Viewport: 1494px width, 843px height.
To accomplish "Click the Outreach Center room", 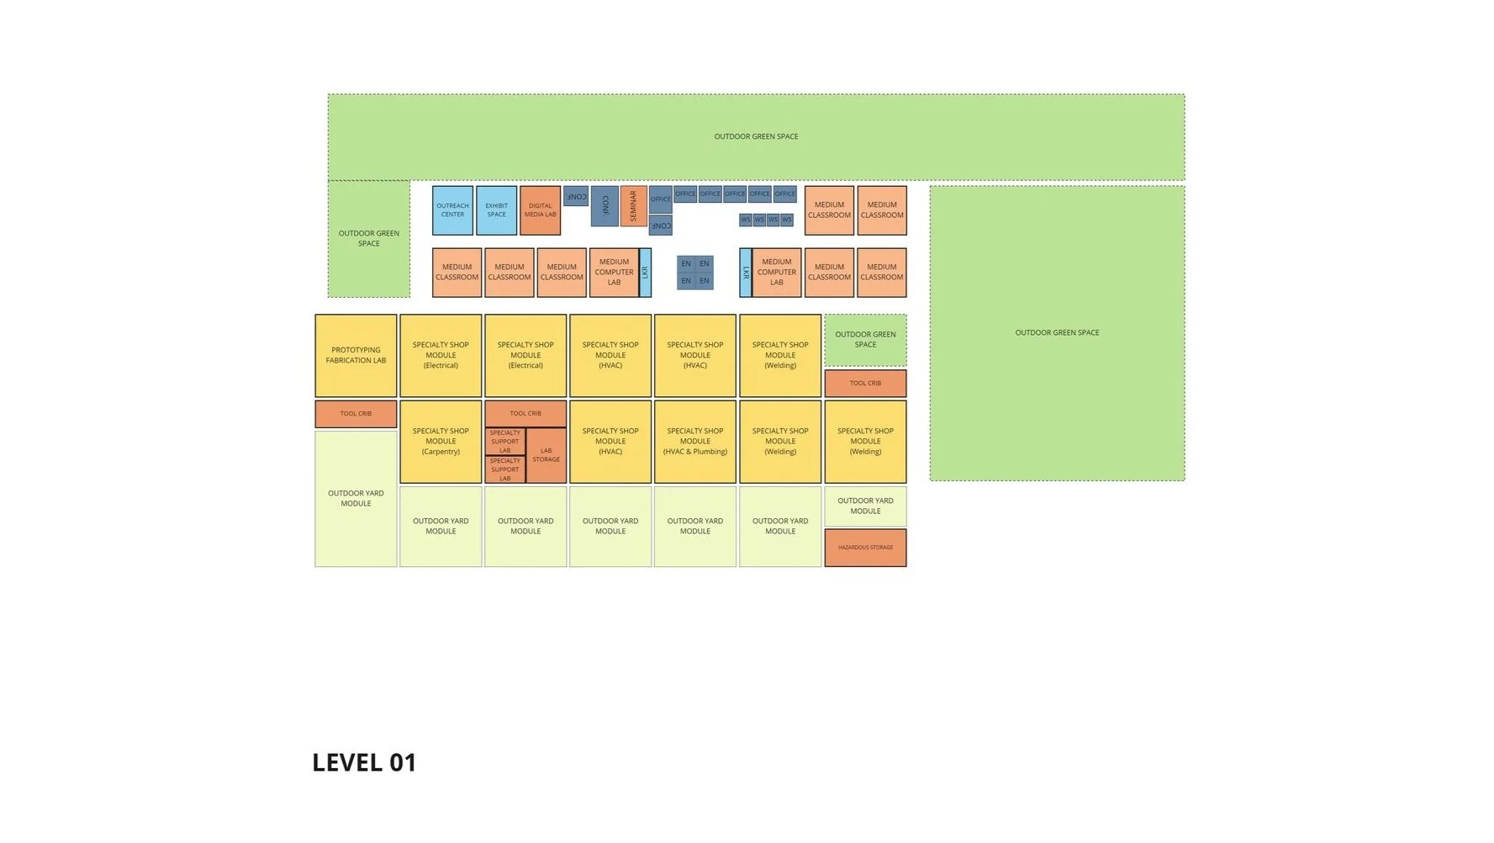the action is tap(452, 210).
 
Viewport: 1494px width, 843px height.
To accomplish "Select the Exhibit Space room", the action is tap(496, 210).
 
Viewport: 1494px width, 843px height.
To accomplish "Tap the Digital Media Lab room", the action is tap(540, 210).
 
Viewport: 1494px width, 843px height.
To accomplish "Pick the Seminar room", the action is tap(633, 206).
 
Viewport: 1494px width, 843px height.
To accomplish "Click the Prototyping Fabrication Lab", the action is tap(356, 355).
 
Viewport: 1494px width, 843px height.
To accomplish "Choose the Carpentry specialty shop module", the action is tap(441, 442).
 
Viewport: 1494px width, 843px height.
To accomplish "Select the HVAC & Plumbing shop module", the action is tap(694, 442).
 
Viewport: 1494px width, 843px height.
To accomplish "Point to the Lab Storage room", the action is tap(546, 455).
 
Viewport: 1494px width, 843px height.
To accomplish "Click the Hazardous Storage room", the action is tap(865, 548).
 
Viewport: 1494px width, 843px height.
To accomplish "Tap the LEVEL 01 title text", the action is tap(364, 762).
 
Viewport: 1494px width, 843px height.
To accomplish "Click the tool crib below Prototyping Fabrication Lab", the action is tap(356, 414).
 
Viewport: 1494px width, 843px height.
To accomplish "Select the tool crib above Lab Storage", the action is tap(525, 413).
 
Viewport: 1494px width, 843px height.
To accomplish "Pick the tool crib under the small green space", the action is tap(865, 384).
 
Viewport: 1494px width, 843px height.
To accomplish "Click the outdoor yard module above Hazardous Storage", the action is tap(865, 506).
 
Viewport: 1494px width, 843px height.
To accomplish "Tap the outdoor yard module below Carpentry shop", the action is tap(441, 526).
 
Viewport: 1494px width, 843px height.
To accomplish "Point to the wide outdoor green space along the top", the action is tap(756, 136).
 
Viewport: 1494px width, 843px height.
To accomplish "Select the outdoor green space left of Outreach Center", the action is tap(368, 238).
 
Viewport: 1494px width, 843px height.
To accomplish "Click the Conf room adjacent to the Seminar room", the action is tap(604, 206).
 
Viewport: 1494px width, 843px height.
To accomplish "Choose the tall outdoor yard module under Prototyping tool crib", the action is tap(356, 498).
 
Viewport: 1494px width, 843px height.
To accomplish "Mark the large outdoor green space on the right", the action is tap(1057, 333).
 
